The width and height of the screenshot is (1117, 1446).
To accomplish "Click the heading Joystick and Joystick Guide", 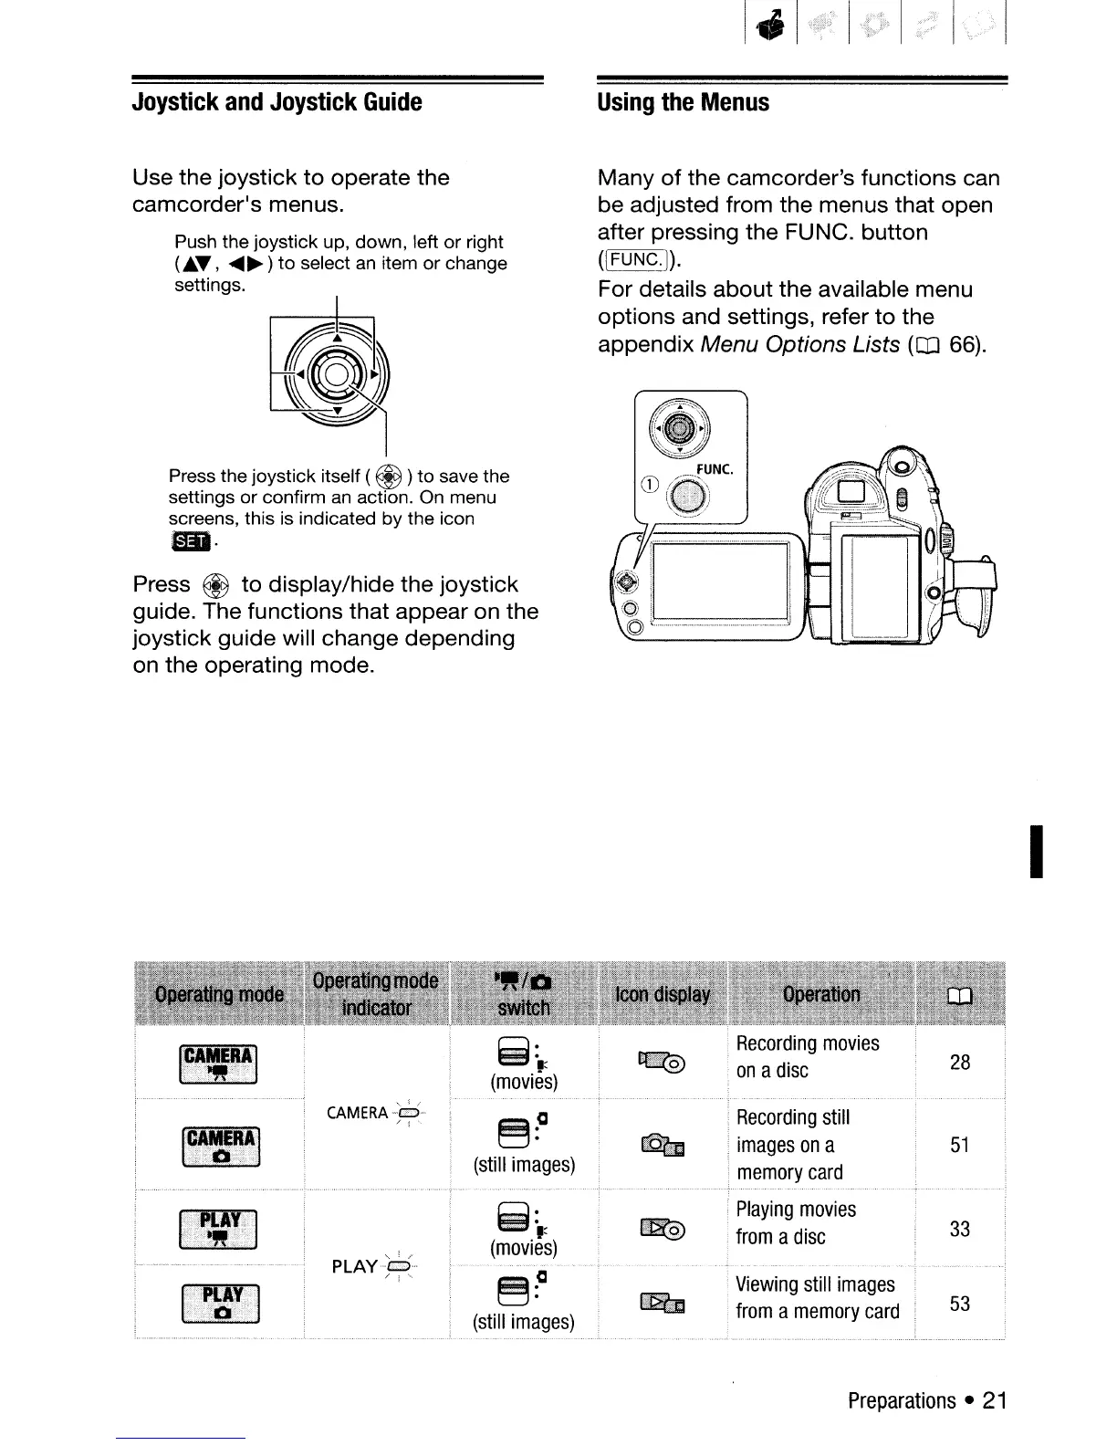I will pos(277,102).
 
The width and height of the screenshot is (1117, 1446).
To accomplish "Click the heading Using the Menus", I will pos(684,102).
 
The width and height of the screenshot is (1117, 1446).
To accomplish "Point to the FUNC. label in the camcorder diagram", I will pos(715,469).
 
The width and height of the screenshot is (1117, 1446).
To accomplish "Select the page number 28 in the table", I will pos(959,1063).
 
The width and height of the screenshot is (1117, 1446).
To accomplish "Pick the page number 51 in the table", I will pos(959,1145).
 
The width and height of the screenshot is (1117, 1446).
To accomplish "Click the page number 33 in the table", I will pos(959,1229).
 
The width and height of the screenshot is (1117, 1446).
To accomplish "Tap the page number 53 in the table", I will pos(959,1304).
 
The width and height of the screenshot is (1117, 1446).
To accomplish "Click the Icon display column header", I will pos(663,994).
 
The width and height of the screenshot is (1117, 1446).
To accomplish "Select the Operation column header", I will pos(821,994).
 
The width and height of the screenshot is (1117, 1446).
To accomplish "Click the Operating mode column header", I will pos(219,994).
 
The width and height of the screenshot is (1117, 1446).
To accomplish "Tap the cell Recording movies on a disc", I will pos(808,1057).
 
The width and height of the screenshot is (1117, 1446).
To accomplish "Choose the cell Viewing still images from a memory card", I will pos(817,1298).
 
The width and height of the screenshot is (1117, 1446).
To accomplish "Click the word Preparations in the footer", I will pos(902,1400).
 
